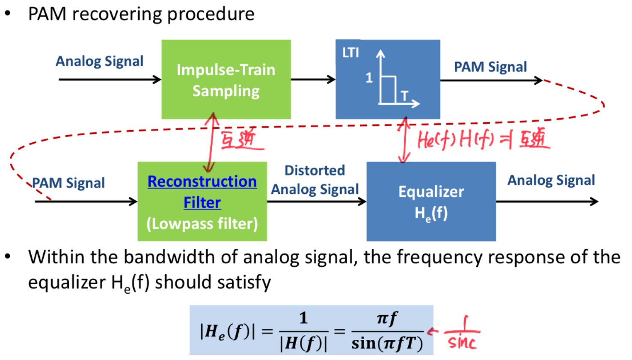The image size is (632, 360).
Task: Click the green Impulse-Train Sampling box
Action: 226,80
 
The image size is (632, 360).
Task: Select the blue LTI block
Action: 388,79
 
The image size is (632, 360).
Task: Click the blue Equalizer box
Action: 431,201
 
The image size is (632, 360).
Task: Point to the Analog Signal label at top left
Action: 99,61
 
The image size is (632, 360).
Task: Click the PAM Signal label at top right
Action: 490,67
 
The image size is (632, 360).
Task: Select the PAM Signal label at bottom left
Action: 68,183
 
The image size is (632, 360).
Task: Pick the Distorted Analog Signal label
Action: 315,180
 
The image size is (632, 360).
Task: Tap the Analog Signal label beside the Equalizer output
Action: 551,180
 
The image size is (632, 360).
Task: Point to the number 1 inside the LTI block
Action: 369,77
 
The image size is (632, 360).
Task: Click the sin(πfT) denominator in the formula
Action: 387,343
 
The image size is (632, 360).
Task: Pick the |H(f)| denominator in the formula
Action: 303,343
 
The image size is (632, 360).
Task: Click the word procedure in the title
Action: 211,14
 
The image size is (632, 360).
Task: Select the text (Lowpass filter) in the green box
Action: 202,223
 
